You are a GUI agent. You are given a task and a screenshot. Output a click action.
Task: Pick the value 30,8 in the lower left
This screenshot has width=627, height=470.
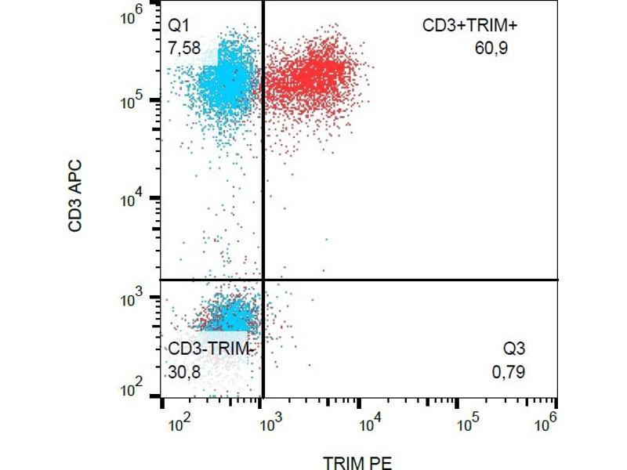click(x=184, y=372)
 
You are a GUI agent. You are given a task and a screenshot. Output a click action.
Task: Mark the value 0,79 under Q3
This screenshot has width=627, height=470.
click(x=508, y=372)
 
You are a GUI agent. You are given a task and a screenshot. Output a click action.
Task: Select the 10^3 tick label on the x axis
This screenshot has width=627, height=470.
click(x=270, y=424)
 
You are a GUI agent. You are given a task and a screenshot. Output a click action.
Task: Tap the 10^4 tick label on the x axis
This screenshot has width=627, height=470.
click(x=369, y=424)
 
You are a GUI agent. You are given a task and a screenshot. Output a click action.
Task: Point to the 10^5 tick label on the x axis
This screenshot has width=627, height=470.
click(x=468, y=424)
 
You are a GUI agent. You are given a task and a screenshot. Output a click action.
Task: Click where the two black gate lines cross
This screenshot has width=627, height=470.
click(x=263, y=279)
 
